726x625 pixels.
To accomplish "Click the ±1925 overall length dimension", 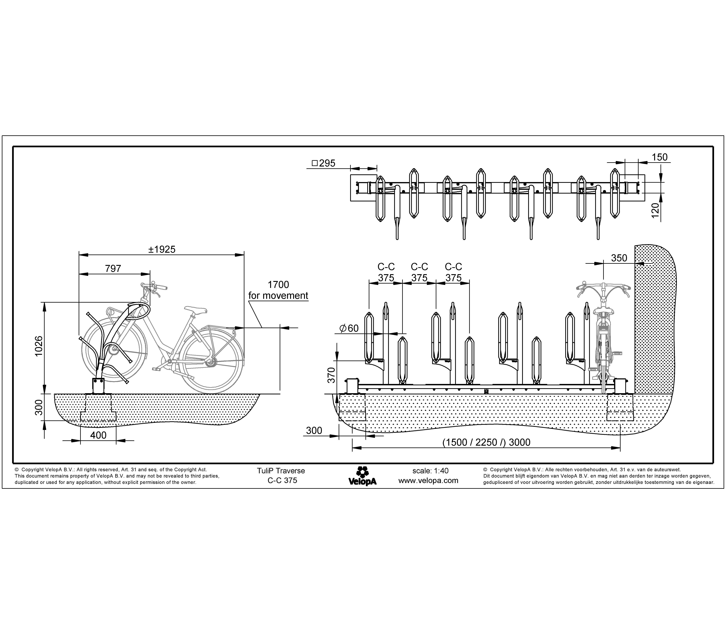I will [162, 249].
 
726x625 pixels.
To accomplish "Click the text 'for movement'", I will [278, 296].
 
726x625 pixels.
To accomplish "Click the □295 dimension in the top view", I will [323, 163].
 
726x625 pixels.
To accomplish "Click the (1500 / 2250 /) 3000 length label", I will [486, 442].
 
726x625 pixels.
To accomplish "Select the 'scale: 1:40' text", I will [430, 471].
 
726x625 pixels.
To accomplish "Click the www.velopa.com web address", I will [428, 481].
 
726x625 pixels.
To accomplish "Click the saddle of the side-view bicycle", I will [196, 309].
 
